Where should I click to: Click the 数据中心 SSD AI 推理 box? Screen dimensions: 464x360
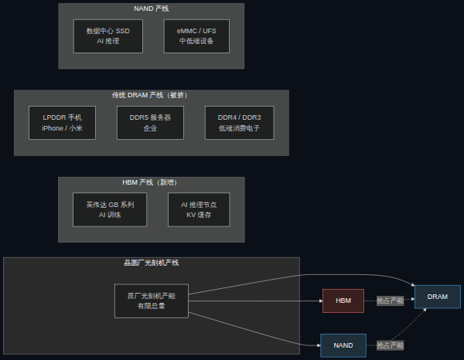[x=108, y=36]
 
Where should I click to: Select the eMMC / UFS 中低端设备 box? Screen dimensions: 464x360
[x=196, y=36]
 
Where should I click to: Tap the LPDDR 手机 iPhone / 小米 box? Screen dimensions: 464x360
[x=62, y=123]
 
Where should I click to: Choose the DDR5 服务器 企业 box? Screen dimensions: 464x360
[x=150, y=123]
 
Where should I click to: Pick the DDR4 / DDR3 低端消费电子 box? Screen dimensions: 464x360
[x=240, y=123]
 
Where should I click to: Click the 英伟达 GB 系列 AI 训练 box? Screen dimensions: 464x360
[x=110, y=209]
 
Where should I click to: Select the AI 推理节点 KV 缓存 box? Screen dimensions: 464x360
[x=199, y=209]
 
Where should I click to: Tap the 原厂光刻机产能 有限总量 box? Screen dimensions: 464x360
[x=152, y=301]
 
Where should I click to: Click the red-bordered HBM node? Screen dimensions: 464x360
[x=343, y=301]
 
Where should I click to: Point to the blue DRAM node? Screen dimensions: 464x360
[x=438, y=297]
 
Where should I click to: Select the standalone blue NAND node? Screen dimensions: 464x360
[x=343, y=345]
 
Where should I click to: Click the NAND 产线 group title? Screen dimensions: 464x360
[x=152, y=8]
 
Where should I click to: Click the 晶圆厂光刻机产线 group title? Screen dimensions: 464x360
[x=152, y=263]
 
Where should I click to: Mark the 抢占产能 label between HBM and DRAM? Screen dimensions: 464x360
[x=390, y=301]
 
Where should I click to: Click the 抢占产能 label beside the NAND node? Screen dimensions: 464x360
[x=390, y=345]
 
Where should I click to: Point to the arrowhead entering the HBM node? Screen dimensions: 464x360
[x=321, y=301]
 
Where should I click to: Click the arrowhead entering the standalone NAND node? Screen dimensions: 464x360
[x=319, y=345]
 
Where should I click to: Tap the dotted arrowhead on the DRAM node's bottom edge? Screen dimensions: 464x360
[x=425, y=310]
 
